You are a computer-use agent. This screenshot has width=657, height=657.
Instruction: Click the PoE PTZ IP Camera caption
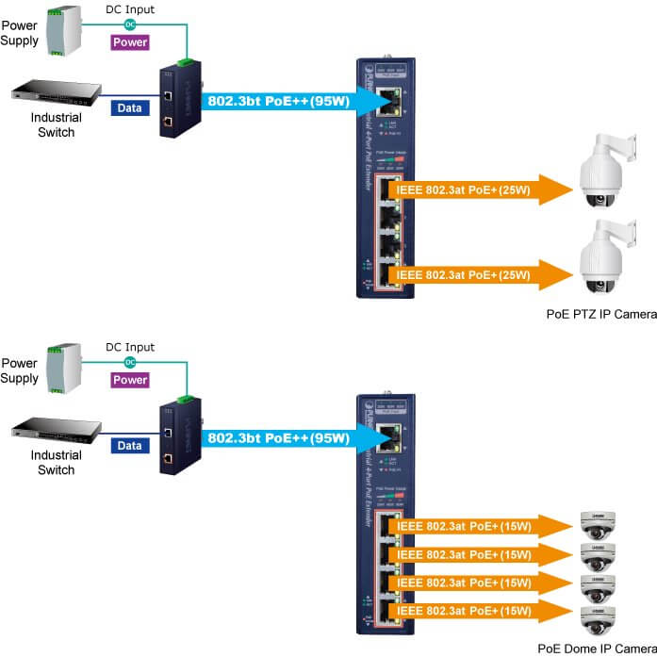pos(600,314)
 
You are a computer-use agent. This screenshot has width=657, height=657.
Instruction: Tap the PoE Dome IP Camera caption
pos(597,649)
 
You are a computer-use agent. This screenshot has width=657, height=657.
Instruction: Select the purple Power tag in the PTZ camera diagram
pos(130,42)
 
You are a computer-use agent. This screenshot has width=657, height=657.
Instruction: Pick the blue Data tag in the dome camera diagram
pos(130,443)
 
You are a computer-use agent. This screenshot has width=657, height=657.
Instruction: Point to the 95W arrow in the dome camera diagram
pos(283,438)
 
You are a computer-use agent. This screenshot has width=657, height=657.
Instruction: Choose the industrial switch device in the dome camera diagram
pos(55,432)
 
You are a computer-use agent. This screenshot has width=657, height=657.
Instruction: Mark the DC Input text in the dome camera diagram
pos(130,347)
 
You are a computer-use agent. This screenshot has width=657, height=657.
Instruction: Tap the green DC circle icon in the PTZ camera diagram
pos(130,24)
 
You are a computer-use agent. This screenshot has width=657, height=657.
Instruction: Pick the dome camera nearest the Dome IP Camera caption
pos(597,620)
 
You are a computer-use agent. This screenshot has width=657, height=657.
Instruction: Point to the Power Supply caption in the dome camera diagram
pos(20,370)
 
